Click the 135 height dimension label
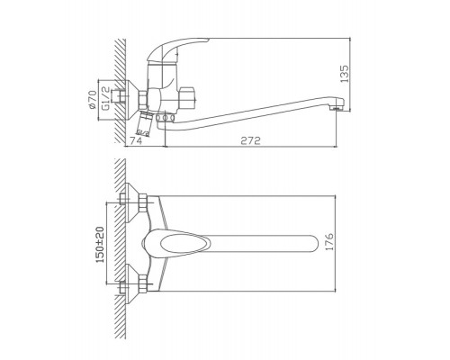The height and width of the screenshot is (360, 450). coord(345,74)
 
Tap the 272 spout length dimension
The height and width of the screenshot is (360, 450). coord(250,140)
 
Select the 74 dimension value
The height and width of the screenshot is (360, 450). coord(136,140)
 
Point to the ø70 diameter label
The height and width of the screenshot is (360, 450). coord(93,99)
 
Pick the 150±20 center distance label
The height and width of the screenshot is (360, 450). coord(100,245)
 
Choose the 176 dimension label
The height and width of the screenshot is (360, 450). coord(329,241)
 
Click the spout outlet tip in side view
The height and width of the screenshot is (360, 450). coord(337,108)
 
